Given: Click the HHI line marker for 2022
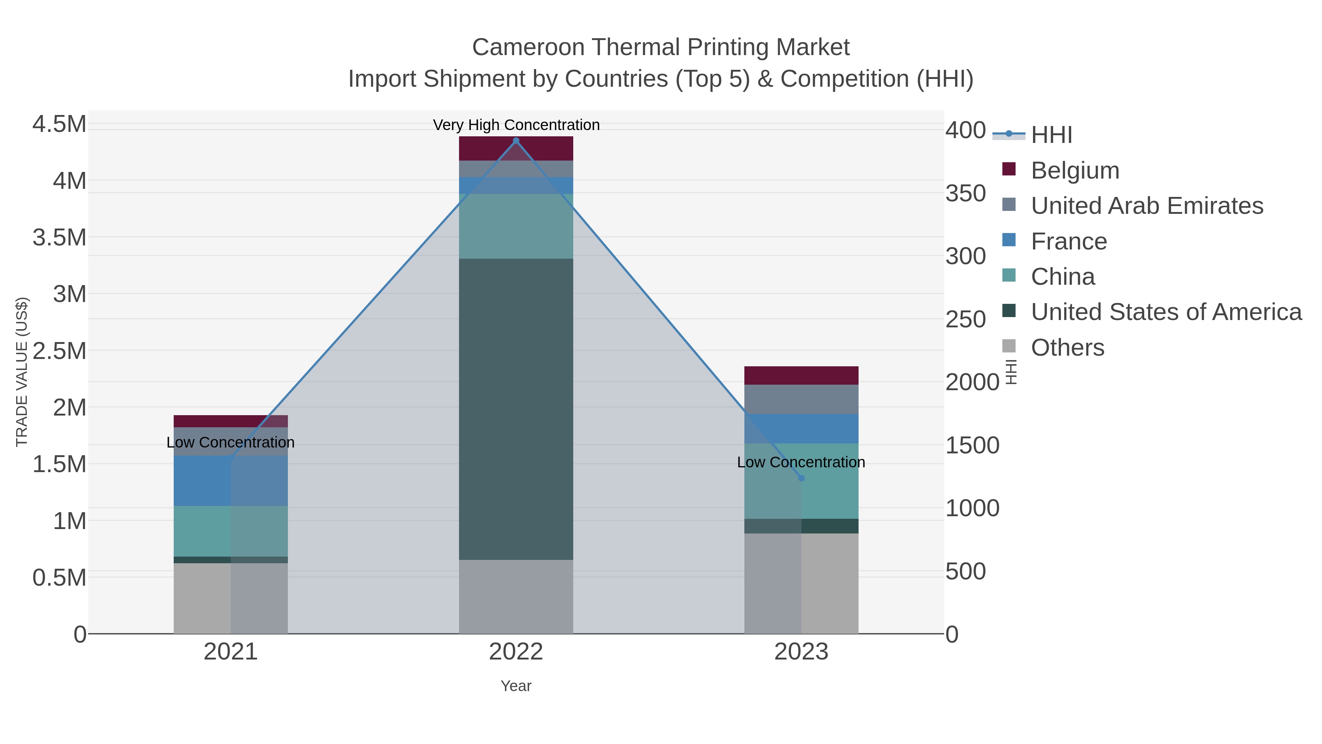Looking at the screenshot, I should click(x=516, y=141).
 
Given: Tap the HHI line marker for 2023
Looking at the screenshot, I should click(x=801, y=478).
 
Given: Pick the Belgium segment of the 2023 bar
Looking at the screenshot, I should click(x=801, y=375).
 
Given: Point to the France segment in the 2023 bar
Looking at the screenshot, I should click(x=801, y=429).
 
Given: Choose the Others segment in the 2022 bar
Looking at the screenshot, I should click(x=516, y=596).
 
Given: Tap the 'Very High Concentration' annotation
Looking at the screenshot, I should click(x=516, y=125).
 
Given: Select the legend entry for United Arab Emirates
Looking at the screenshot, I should click(x=1146, y=206).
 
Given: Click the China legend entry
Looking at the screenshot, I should click(x=1062, y=277).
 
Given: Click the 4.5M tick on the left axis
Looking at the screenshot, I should click(x=59, y=124).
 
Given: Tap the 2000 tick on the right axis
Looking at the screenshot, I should click(x=972, y=382).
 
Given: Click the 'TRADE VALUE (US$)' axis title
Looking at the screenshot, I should click(x=22, y=372).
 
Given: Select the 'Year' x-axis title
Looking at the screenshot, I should click(x=516, y=686).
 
